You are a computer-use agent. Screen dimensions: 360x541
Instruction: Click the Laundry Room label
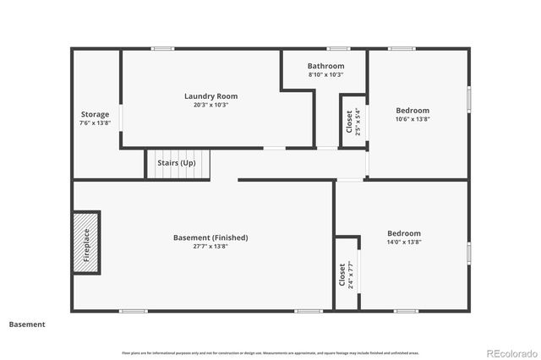210,95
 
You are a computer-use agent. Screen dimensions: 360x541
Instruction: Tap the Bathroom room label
325,66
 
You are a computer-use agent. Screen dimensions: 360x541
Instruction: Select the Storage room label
95,114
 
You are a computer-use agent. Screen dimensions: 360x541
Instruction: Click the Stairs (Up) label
177,163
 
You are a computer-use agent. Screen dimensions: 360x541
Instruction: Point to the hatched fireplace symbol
86,242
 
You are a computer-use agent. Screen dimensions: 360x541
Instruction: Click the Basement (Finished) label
210,237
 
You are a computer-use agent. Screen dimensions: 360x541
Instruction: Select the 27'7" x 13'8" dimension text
210,246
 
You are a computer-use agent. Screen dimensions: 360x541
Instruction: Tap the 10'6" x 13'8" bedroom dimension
413,119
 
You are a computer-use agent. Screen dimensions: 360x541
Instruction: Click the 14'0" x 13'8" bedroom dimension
403,243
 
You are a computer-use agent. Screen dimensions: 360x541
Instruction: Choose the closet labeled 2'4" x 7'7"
346,275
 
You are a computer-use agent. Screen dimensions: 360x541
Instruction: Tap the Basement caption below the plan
27,324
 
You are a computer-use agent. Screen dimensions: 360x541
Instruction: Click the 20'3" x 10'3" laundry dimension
210,105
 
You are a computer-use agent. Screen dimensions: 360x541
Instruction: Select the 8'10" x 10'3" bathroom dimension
325,74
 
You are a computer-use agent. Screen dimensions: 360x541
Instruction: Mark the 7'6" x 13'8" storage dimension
95,123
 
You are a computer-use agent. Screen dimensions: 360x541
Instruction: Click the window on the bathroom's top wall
339,48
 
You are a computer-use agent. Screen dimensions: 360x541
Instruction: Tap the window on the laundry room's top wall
162,48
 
